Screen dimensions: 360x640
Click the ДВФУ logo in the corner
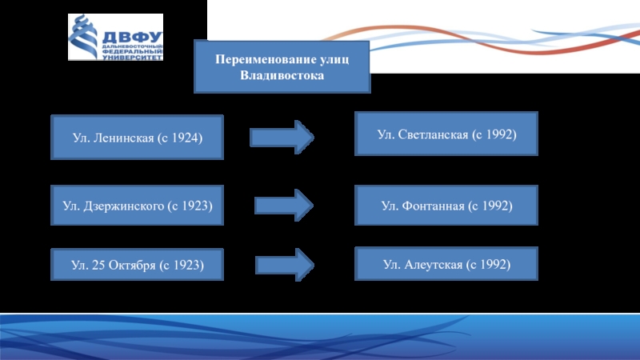[x=115, y=38]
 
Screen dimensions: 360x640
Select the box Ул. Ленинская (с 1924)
[x=137, y=138]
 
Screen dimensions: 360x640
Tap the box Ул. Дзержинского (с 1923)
[x=137, y=206]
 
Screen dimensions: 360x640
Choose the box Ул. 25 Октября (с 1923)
[x=137, y=264]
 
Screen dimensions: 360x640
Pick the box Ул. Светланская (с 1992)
[x=446, y=133]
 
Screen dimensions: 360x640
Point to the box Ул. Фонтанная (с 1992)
[x=446, y=206]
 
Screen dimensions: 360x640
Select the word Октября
[x=132, y=265]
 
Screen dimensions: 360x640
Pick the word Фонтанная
[x=432, y=206]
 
